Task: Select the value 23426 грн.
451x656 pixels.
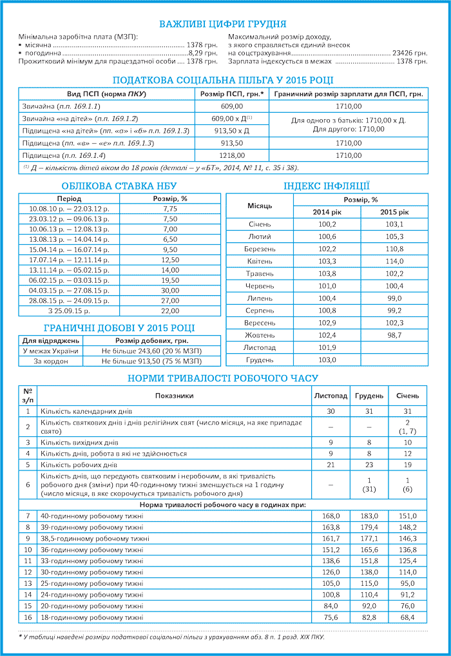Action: click(410, 53)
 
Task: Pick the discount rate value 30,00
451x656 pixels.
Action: click(170, 291)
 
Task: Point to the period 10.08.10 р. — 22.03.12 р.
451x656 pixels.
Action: click(69, 209)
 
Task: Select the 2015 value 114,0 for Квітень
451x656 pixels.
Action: click(394, 261)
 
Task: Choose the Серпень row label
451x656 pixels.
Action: click(260, 311)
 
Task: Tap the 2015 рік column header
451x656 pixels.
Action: click(394, 212)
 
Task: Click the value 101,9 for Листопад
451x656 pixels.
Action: click(328, 347)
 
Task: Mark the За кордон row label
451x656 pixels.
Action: click(50, 362)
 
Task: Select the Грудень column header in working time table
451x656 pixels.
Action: click(369, 396)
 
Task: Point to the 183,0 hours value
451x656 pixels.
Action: click(369, 516)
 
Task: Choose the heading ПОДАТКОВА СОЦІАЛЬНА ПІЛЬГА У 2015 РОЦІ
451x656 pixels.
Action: click(223, 81)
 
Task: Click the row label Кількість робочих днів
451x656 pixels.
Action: click(79, 464)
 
